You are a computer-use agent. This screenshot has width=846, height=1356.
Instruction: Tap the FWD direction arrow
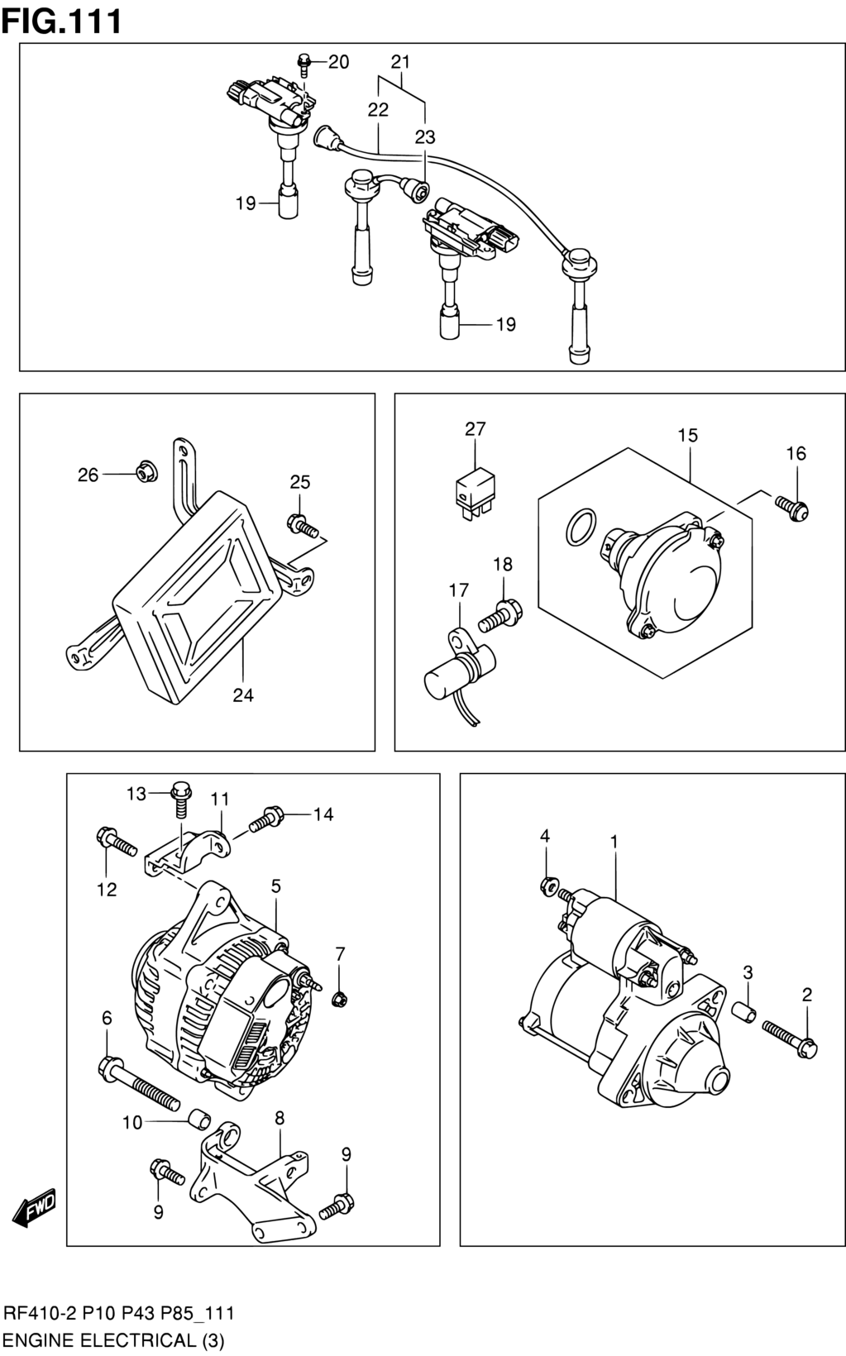(x=35, y=1208)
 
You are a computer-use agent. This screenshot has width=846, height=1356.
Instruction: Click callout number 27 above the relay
(x=476, y=429)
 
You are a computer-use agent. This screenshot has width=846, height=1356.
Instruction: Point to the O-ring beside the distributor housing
(x=581, y=528)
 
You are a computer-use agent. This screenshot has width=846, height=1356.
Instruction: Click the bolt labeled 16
(x=791, y=508)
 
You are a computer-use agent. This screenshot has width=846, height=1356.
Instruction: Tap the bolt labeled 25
(x=303, y=524)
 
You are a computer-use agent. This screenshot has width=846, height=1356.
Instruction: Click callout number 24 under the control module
(x=243, y=695)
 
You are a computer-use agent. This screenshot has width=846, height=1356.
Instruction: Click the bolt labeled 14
(x=266, y=819)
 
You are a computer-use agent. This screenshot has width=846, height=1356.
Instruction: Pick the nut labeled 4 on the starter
(x=548, y=886)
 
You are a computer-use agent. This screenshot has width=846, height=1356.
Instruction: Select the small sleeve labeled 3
(x=745, y=1011)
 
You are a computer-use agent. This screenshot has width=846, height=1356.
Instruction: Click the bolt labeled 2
(x=790, y=1038)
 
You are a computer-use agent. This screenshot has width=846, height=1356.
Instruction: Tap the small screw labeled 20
(x=304, y=64)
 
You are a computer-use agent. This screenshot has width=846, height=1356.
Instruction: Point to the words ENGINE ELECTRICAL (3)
(x=114, y=1340)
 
